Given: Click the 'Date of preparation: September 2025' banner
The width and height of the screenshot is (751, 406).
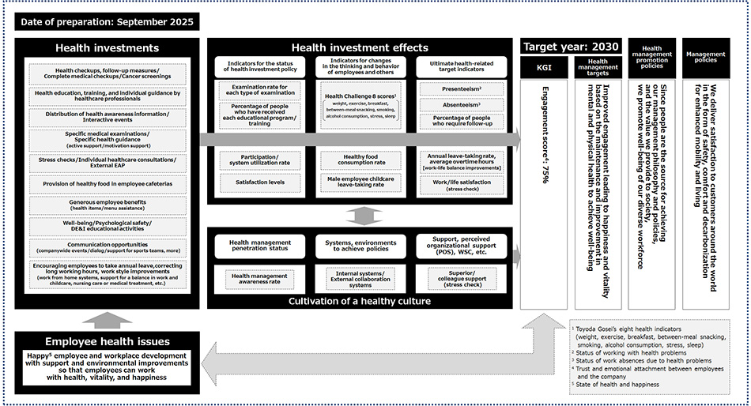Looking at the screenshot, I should [107, 22].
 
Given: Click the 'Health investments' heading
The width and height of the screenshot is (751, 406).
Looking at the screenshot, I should [106, 48].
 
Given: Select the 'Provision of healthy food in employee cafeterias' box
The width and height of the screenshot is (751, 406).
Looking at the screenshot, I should [107, 183].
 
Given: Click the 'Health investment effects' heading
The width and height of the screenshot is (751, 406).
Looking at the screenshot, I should [360, 47].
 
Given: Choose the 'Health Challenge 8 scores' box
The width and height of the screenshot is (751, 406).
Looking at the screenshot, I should [360, 104].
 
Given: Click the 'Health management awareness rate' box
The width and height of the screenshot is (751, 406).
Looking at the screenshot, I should [258, 276].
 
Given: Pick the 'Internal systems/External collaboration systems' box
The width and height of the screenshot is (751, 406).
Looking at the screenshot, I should [360, 276].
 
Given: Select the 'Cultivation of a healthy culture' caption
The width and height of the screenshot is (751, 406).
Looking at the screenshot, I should [360, 300].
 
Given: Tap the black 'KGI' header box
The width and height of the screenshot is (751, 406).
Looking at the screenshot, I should [545, 69].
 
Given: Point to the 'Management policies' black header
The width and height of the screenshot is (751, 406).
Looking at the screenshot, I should [706, 55].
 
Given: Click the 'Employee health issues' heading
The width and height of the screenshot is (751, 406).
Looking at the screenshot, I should [107, 341].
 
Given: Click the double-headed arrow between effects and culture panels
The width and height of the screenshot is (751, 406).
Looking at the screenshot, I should [360, 215].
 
